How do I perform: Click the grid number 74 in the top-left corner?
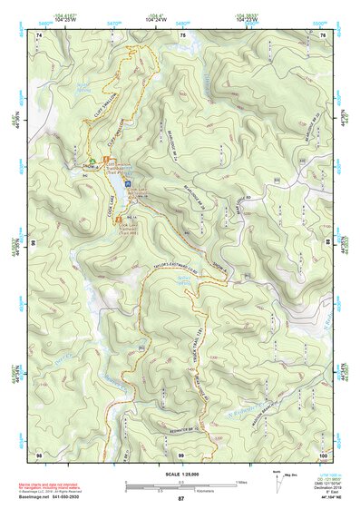(41, 34)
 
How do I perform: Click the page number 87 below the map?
(180, 499)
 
